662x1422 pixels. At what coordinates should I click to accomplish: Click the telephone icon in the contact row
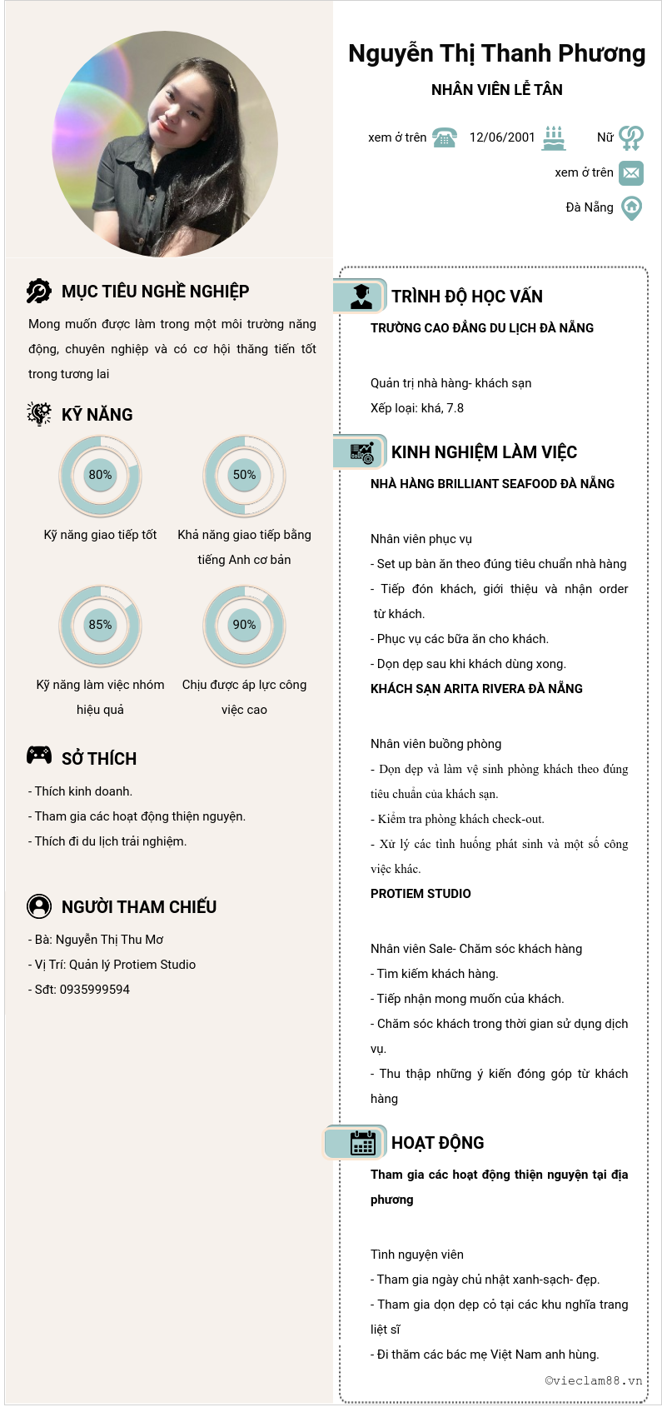click(445, 137)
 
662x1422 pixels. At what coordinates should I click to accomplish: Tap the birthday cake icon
click(554, 137)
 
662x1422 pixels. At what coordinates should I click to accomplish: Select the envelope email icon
click(631, 172)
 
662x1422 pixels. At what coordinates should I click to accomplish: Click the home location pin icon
click(632, 207)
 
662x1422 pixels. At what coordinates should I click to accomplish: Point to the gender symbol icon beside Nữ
click(631, 137)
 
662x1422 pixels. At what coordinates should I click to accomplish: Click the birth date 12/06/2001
click(502, 137)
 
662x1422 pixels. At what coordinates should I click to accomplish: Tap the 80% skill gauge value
click(100, 475)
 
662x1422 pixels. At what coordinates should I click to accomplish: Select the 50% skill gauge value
click(244, 475)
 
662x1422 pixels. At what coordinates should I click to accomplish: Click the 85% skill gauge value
click(100, 625)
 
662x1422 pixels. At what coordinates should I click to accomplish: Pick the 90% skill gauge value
click(244, 625)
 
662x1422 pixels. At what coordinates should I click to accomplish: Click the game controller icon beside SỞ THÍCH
click(39, 756)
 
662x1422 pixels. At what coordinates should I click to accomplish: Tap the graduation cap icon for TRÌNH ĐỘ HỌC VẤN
click(361, 297)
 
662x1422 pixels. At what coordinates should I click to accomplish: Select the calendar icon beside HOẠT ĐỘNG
click(363, 1143)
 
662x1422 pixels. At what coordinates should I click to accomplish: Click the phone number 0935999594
click(95, 990)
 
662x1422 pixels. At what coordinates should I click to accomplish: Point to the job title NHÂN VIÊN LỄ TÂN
click(497, 90)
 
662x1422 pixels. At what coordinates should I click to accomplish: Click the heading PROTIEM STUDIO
click(421, 894)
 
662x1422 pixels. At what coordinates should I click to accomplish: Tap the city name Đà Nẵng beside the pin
click(590, 207)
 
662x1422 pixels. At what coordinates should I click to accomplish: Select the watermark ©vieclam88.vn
click(594, 1380)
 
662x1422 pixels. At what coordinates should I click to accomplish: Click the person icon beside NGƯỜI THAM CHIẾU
click(39, 906)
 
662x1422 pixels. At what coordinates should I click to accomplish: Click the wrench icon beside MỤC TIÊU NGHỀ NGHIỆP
click(39, 291)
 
